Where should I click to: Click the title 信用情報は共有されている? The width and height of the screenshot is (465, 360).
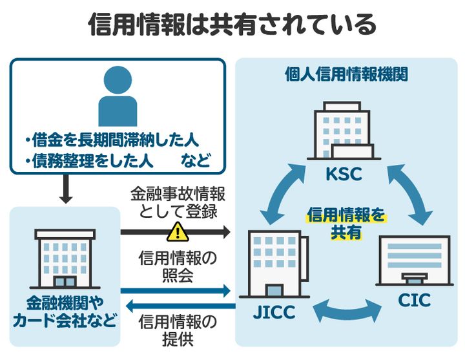click(x=232, y=25)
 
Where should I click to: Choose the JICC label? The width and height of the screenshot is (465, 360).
click(x=274, y=313)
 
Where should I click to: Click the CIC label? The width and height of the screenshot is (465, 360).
click(x=414, y=301)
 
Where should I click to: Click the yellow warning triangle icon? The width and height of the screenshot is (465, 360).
click(x=176, y=231)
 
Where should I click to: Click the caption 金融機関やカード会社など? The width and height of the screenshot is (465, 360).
click(x=65, y=312)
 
